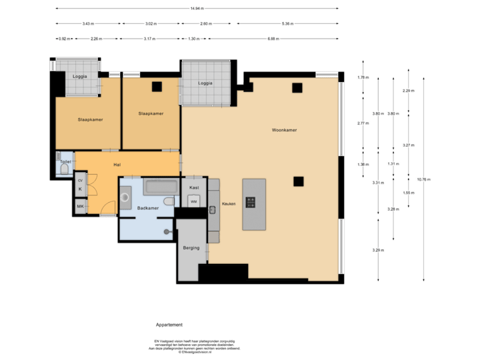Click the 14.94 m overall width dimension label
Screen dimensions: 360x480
point(197,9)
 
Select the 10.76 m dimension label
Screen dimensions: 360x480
point(423,179)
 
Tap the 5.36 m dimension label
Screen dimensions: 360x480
point(287,23)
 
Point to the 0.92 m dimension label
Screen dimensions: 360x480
point(65,38)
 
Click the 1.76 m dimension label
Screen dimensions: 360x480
point(363,77)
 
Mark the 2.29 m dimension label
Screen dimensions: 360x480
point(408,91)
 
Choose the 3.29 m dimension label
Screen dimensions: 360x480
point(378,250)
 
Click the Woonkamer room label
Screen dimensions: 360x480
point(284,130)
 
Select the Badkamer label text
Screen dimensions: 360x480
point(148,209)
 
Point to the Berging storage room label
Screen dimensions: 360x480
point(191,247)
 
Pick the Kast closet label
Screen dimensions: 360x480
point(194,188)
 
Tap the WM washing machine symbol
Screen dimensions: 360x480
point(194,201)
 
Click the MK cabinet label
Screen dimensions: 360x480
point(80,207)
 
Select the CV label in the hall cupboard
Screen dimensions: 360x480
point(80,181)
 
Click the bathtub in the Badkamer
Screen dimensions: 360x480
point(161,187)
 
